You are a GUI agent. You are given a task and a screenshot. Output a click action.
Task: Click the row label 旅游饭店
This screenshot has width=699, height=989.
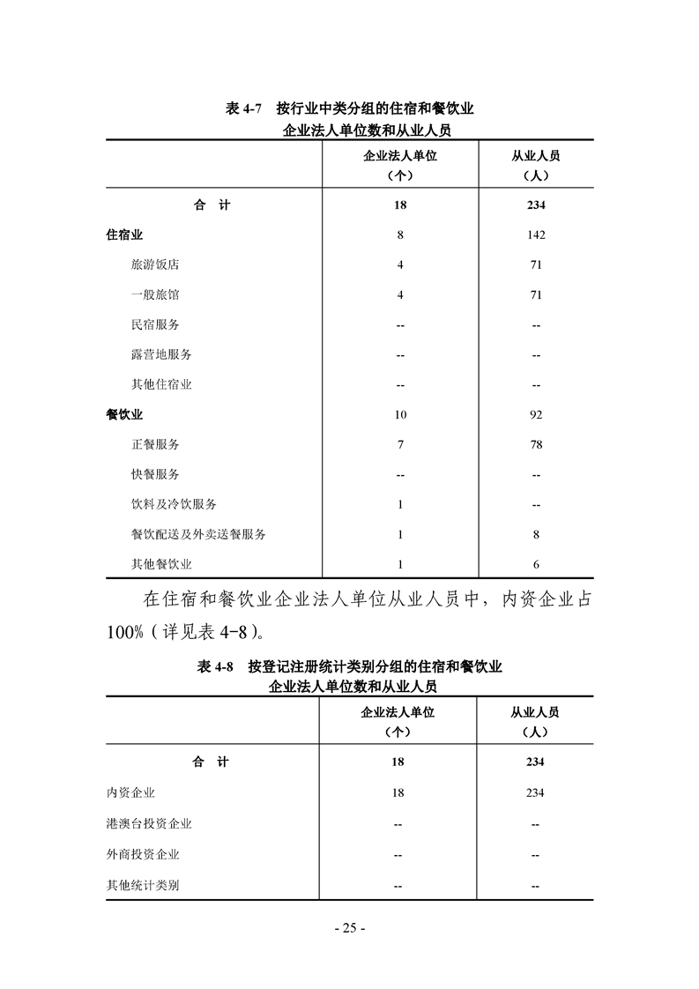click(154, 264)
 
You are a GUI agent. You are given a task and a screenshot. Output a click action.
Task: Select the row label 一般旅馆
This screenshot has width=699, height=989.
click(154, 294)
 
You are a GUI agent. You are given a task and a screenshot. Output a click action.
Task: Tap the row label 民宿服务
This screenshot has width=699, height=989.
click(154, 324)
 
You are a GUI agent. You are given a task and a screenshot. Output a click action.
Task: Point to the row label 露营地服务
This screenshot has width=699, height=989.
click(160, 354)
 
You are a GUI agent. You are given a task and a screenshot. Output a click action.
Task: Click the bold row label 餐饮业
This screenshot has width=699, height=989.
click(124, 414)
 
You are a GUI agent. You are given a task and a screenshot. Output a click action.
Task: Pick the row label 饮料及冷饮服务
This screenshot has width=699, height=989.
click(173, 504)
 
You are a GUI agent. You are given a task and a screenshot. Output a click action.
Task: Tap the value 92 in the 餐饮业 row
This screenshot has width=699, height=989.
click(535, 414)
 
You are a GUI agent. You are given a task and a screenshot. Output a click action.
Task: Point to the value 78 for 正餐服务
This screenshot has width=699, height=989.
click(535, 444)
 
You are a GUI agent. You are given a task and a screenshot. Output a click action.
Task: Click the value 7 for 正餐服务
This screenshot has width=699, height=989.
click(400, 444)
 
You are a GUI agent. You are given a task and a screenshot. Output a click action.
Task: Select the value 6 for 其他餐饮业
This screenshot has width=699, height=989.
click(535, 564)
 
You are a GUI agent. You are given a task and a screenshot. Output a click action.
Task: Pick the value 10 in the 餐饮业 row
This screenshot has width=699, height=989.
click(400, 414)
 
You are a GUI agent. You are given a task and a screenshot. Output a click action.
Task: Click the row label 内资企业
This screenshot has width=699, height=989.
click(130, 792)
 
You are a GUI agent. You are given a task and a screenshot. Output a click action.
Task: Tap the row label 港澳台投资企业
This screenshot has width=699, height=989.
click(148, 823)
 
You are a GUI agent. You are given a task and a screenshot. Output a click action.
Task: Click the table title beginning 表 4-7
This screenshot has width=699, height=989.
click(350, 109)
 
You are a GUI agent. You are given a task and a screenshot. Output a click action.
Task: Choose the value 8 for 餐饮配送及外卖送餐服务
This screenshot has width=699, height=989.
click(535, 534)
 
